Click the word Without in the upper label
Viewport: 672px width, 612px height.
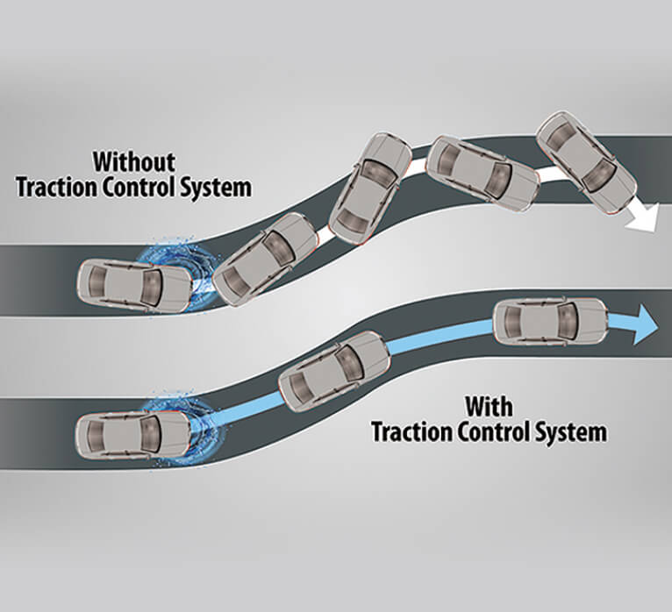(134, 162)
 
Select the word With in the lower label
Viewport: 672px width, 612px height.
(489, 406)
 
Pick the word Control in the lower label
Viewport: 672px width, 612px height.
(488, 431)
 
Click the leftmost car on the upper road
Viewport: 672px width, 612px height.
(134, 283)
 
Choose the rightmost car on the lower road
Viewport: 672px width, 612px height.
(550, 321)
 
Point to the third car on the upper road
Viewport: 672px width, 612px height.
(371, 186)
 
